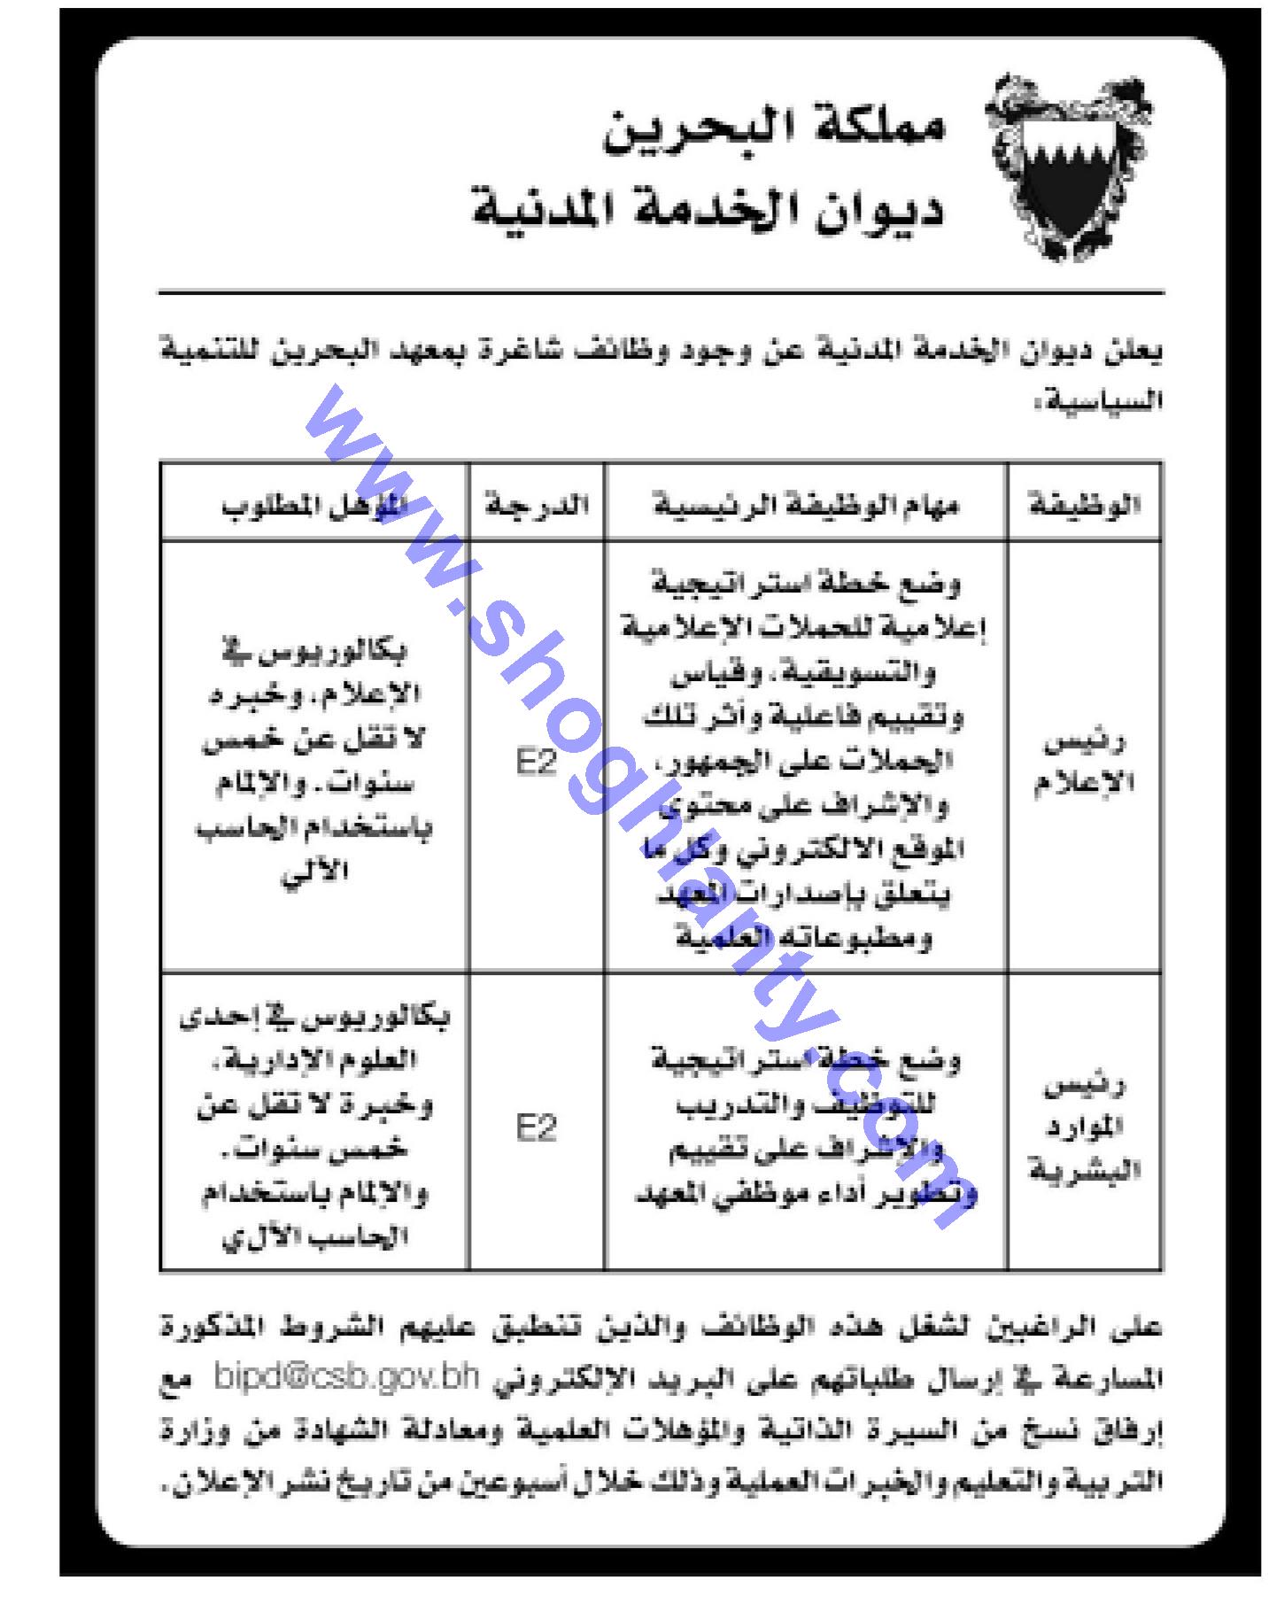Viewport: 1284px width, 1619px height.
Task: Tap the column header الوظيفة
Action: pyautogui.click(x=1084, y=506)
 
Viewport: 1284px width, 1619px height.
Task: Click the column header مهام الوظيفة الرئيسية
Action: pyautogui.click(x=806, y=506)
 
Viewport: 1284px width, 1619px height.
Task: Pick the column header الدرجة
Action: pyautogui.click(x=537, y=506)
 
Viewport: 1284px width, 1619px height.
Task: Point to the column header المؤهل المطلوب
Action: pyautogui.click(x=313, y=506)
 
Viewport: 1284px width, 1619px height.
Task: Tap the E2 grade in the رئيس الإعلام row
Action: pyautogui.click(x=537, y=763)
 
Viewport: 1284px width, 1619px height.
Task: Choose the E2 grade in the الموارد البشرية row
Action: pyautogui.click(x=537, y=1128)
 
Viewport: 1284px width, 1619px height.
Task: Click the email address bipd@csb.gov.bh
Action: pyautogui.click(x=346, y=1378)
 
